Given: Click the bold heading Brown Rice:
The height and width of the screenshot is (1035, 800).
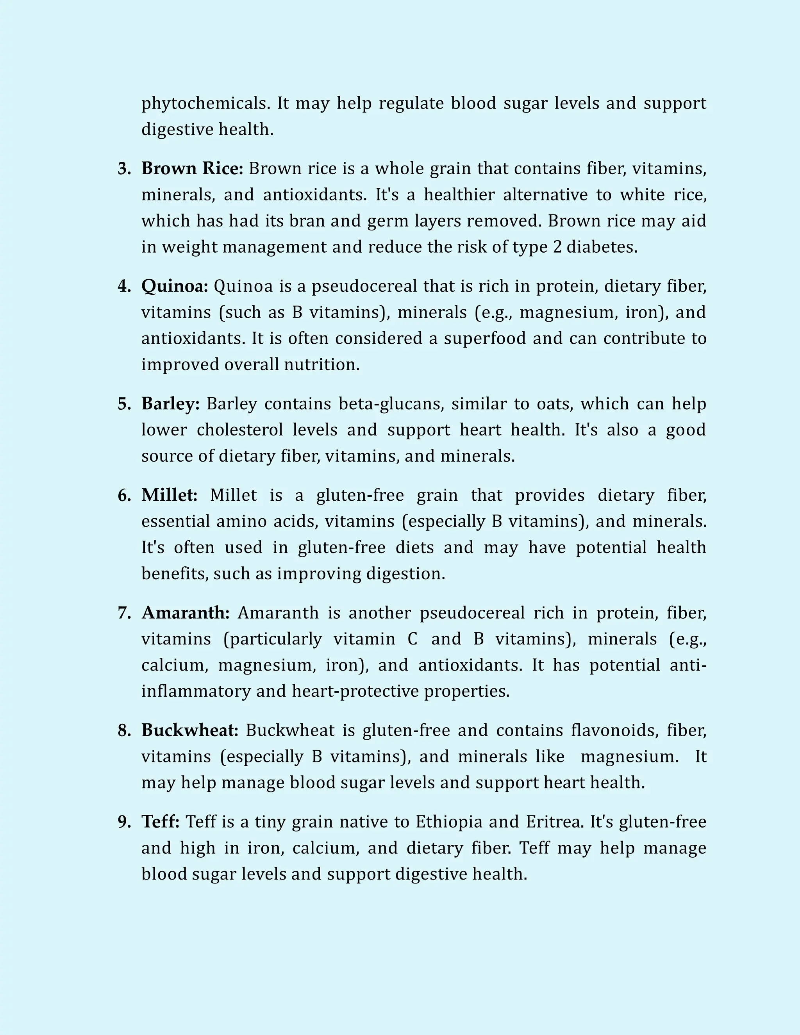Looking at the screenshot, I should pyautogui.click(x=192, y=169).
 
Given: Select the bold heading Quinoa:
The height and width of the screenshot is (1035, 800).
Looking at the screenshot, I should pyautogui.click(x=174, y=286).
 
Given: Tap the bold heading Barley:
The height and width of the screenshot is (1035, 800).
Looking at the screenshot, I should pyautogui.click(x=171, y=404).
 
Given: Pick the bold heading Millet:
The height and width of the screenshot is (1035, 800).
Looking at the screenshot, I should pyautogui.click(x=169, y=495).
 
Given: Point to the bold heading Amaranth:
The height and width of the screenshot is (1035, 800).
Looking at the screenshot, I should pyautogui.click(x=185, y=613).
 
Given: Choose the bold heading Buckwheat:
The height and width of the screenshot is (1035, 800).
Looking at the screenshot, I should pyautogui.click(x=189, y=730).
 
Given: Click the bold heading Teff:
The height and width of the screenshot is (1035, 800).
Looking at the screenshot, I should pyautogui.click(x=160, y=822).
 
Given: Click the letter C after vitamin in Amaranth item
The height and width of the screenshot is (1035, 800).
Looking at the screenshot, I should pyautogui.click(x=412, y=639).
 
